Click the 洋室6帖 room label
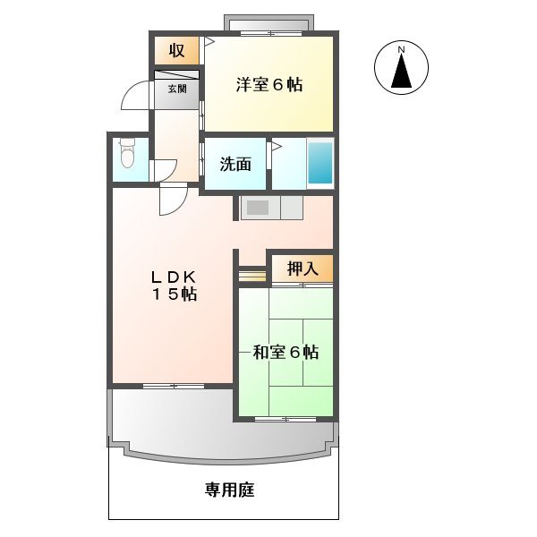click(x=268, y=86)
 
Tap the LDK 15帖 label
click(x=174, y=285)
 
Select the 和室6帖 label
click(x=286, y=353)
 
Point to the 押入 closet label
click(x=302, y=268)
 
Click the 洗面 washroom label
click(x=235, y=164)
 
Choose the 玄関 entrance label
click(x=177, y=89)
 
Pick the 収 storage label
click(x=177, y=50)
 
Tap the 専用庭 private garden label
click(x=224, y=490)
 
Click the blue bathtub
click(x=320, y=162)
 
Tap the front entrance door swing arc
click(x=134, y=97)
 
